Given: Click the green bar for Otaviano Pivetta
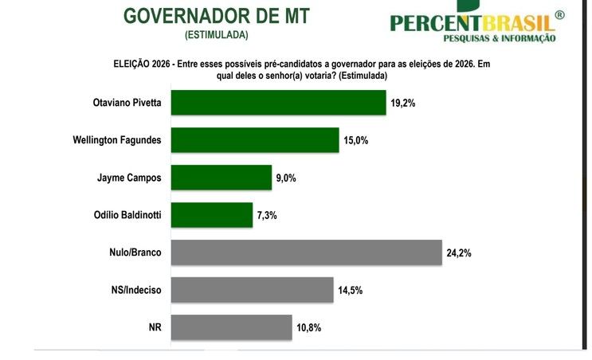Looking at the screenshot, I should pyautogui.click(x=278, y=102).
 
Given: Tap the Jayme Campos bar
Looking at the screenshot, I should pyautogui.click(x=222, y=178).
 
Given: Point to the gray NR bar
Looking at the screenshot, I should pyautogui.click(x=232, y=327).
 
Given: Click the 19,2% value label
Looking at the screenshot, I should pyautogui.click(x=404, y=103).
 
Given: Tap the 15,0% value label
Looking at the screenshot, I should pyautogui.click(x=357, y=141).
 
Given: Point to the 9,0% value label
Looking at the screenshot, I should pyautogui.click(x=286, y=178).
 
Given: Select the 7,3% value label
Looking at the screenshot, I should pyautogui.click(x=267, y=216).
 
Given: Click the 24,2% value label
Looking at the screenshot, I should pyautogui.click(x=460, y=253).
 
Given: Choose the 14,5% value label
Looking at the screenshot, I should pyautogui.click(x=350, y=291).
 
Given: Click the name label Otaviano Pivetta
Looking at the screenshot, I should pyautogui.click(x=127, y=102).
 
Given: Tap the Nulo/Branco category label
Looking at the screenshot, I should pyautogui.click(x=135, y=252).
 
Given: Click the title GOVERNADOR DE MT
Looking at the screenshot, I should pyautogui.click(x=217, y=15).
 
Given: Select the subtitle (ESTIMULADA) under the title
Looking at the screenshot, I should pyautogui.click(x=216, y=35).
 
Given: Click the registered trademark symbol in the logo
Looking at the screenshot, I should pyautogui.click(x=559, y=15).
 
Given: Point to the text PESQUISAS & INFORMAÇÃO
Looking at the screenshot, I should pyautogui.click(x=499, y=38).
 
